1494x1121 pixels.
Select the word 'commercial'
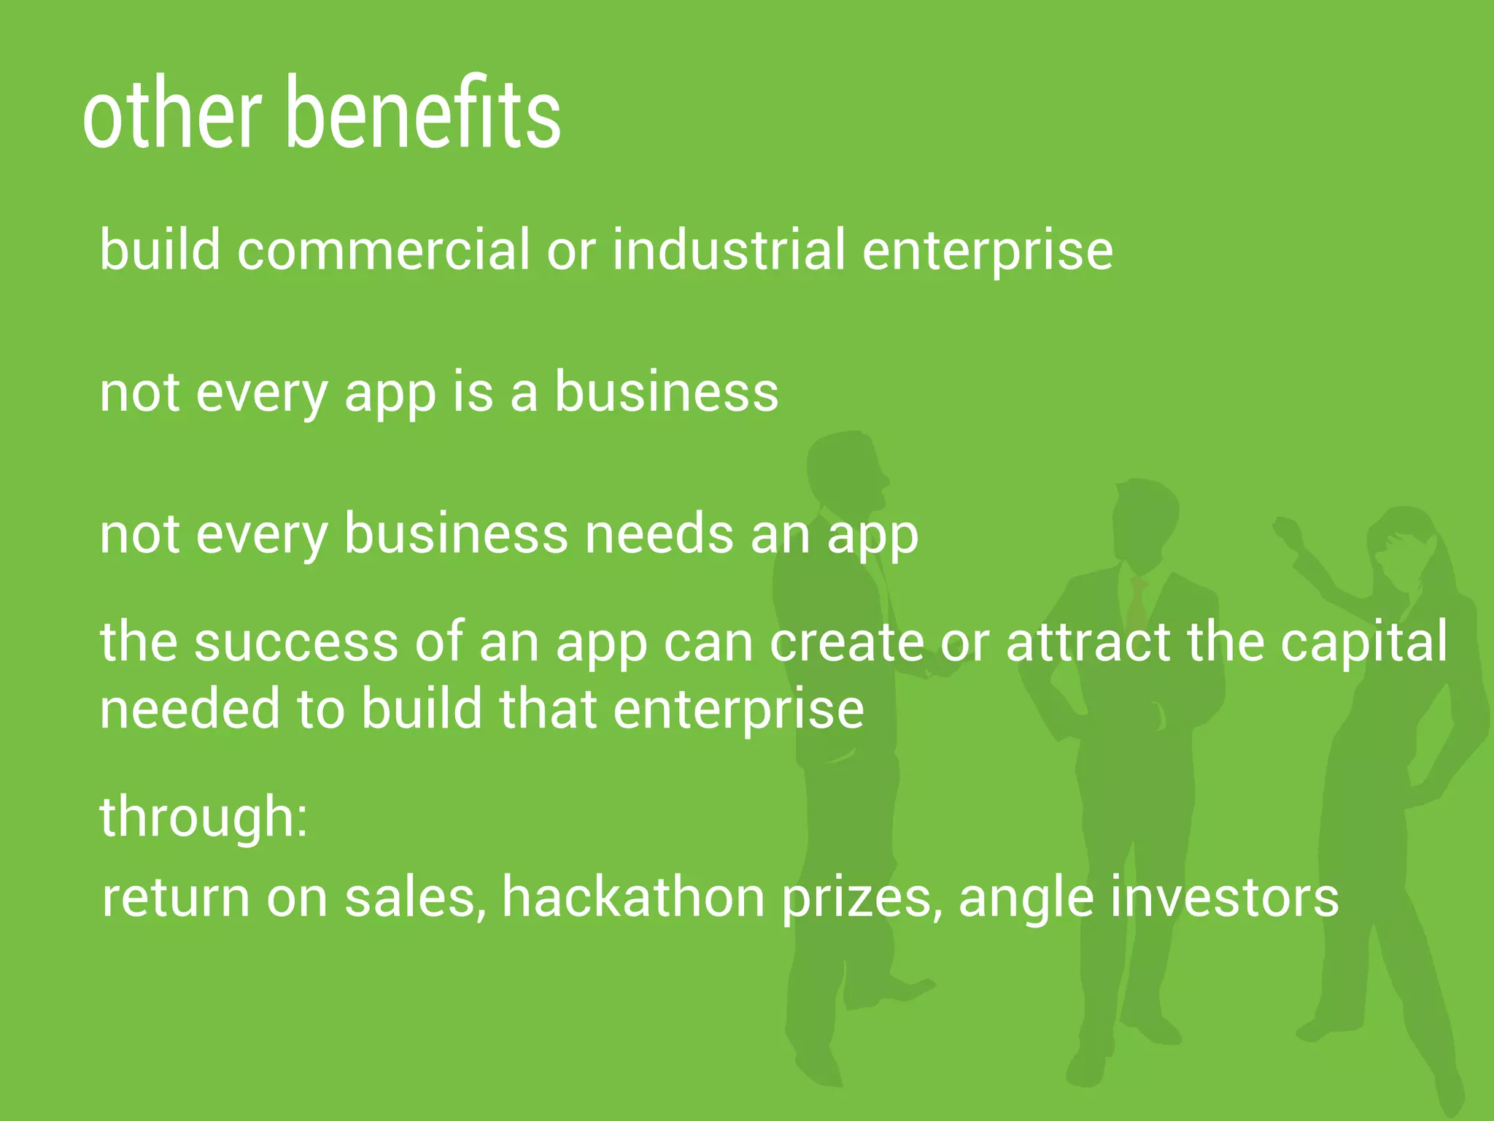(383, 250)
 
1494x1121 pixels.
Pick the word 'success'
(295, 642)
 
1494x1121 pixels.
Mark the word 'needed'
(189, 709)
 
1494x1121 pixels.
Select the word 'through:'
(204, 817)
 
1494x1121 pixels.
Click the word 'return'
(176, 898)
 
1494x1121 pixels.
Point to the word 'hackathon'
(633, 898)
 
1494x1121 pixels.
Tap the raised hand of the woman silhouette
(1288, 529)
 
